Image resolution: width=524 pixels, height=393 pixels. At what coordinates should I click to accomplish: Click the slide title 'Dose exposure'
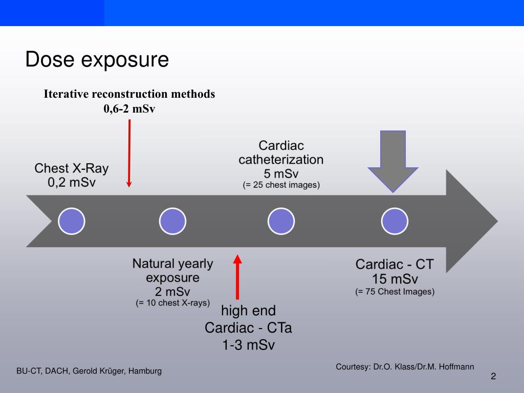[97, 60]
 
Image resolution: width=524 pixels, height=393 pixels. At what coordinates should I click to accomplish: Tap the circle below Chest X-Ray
[72, 222]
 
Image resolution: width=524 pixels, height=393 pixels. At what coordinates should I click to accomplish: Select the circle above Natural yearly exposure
[173, 222]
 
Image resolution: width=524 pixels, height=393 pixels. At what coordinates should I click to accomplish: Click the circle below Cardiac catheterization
[281, 222]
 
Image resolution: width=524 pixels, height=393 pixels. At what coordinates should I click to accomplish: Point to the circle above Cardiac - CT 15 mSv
[395, 222]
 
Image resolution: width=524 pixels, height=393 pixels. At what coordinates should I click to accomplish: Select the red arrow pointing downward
[129, 154]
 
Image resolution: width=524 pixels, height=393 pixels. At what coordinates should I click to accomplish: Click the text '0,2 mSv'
[72, 183]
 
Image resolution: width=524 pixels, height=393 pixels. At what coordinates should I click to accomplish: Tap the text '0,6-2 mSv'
[129, 108]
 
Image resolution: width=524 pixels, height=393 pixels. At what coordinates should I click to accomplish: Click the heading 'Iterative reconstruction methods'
[129, 94]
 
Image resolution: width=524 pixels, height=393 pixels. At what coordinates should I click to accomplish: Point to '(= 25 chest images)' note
[281, 185]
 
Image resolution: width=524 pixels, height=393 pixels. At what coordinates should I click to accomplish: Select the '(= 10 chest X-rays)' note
[173, 303]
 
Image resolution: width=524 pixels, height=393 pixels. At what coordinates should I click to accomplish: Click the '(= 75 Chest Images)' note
[395, 292]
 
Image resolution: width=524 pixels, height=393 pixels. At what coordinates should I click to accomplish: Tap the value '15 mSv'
[395, 279]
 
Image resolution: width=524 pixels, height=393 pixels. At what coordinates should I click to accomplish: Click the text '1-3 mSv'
[248, 345]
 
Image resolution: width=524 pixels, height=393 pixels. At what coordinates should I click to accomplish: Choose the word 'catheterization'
[281, 159]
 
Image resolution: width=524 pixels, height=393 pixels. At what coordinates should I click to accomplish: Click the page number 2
[493, 377]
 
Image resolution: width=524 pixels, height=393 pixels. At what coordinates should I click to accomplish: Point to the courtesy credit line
[405, 367]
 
